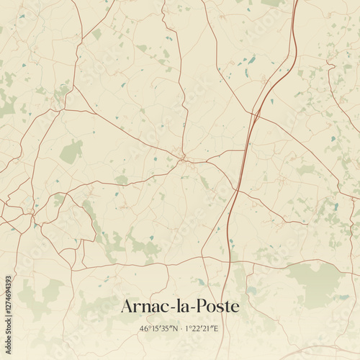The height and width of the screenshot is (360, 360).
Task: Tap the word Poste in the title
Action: click(x=215, y=306)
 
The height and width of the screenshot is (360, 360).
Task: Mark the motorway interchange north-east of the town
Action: click(x=256, y=114)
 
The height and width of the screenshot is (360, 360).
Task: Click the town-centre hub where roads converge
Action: click(x=183, y=156)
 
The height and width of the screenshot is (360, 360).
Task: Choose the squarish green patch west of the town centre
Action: click(x=71, y=152)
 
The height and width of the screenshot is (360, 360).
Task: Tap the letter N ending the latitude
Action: click(x=174, y=329)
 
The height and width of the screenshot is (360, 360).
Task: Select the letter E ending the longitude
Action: click(x=216, y=329)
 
